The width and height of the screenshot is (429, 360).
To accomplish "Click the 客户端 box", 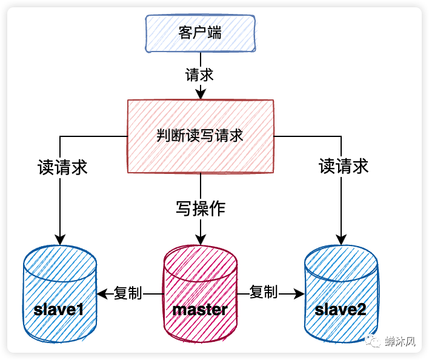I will [x=199, y=33].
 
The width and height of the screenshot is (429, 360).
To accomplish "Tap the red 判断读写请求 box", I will [x=200, y=136].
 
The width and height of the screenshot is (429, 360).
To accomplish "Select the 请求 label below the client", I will [x=199, y=75].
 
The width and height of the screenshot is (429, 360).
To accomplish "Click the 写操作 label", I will [x=201, y=209].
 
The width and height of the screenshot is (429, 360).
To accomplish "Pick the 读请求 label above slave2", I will [x=344, y=166].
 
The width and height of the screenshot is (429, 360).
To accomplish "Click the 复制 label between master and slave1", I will [x=128, y=293].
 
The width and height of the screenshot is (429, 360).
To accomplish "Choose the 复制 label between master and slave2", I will [x=264, y=292].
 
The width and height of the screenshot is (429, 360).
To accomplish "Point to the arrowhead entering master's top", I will [x=200, y=238].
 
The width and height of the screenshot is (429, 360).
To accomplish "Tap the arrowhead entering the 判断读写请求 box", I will [x=200, y=94].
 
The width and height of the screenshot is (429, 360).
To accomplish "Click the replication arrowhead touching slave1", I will [x=102, y=294].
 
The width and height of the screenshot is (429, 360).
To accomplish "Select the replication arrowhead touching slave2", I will [x=299, y=294].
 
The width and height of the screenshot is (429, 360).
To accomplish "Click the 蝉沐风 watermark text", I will [x=401, y=342].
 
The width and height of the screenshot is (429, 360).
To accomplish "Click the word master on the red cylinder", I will [x=200, y=310].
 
